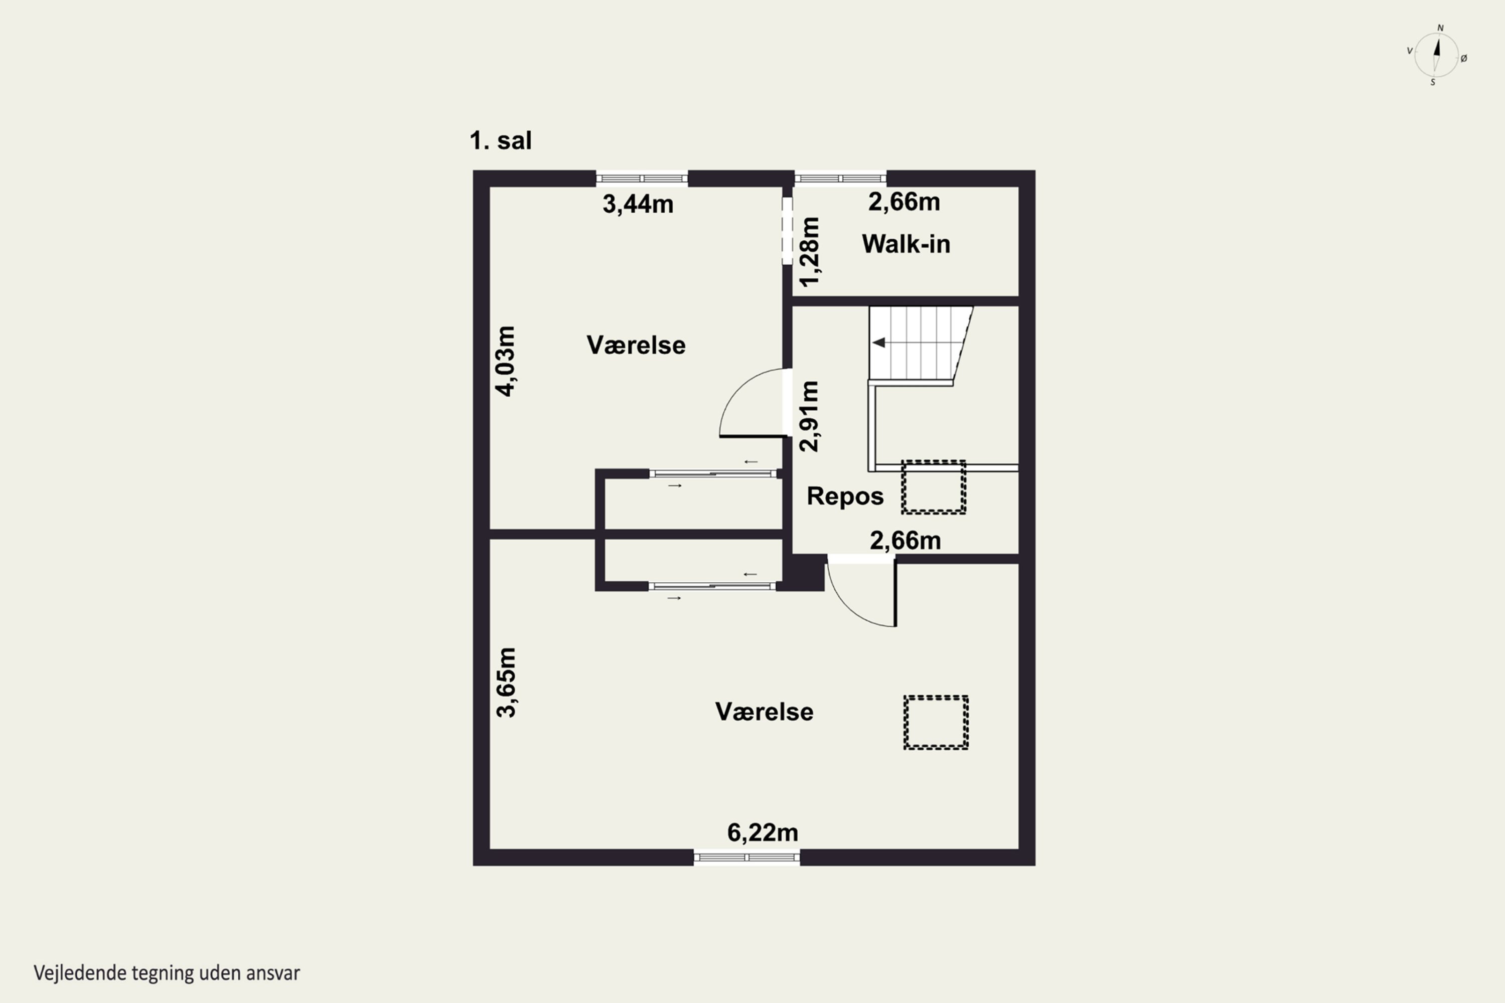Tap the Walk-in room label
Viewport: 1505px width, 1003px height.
pos(906,244)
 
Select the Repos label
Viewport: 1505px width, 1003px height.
pos(845,496)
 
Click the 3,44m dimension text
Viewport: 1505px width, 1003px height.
pos(638,205)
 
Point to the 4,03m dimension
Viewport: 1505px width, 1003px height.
pos(506,362)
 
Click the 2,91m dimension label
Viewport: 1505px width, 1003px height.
pos(809,416)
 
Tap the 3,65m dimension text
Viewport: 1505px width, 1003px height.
pos(506,683)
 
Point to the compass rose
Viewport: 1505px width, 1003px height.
pos(1437,56)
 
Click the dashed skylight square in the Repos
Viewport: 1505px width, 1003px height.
pos(934,487)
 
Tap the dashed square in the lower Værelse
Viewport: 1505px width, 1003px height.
pos(936,723)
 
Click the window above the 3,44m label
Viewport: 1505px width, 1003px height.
pos(642,179)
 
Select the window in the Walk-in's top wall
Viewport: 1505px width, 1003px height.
pos(840,179)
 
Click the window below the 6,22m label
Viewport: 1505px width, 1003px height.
pos(747,858)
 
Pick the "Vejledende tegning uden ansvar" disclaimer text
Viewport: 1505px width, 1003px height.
pos(167,973)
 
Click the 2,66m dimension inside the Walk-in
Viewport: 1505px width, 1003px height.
pos(904,202)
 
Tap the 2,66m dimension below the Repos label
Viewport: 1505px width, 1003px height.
pos(906,541)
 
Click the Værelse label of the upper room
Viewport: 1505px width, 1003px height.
pos(636,346)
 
